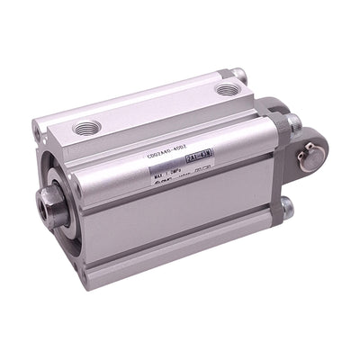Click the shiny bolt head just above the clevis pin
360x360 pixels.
click(x=294, y=121)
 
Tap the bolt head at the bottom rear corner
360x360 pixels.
click(x=285, y=211)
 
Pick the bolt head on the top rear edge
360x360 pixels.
click(x=238, y=74)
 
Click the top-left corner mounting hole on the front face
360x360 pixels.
click(x=39, y=133)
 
